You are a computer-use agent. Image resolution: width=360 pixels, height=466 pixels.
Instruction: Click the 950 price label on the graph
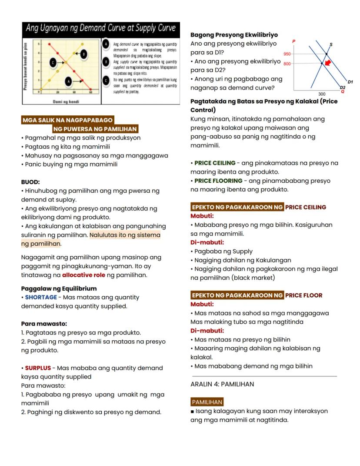287,54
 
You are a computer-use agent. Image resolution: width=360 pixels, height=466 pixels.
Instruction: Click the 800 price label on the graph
287,64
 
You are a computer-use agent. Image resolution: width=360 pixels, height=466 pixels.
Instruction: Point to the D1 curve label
350,81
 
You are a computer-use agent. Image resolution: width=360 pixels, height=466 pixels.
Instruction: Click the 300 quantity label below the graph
322,94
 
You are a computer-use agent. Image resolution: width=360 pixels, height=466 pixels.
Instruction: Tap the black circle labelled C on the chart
53,63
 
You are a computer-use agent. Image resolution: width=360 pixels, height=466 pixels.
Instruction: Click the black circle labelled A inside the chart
68,81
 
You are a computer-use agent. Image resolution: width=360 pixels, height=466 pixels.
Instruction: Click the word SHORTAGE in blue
41,297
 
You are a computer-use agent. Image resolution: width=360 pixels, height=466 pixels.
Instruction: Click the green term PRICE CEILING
215,163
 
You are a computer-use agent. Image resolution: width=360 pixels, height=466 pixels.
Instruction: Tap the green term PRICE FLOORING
218,181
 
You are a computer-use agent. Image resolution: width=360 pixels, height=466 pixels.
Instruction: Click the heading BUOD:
30,182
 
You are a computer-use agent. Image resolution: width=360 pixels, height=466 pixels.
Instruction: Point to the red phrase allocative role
83,275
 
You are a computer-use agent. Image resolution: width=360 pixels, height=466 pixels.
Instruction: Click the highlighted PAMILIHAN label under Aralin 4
207,402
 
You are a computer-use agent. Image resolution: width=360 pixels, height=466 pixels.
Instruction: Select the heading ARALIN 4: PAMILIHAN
222,384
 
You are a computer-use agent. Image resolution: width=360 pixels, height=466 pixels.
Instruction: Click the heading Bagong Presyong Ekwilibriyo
234,35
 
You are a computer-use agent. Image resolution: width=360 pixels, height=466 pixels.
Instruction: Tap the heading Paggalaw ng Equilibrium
59,288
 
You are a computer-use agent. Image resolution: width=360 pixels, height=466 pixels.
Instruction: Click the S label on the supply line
331,44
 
